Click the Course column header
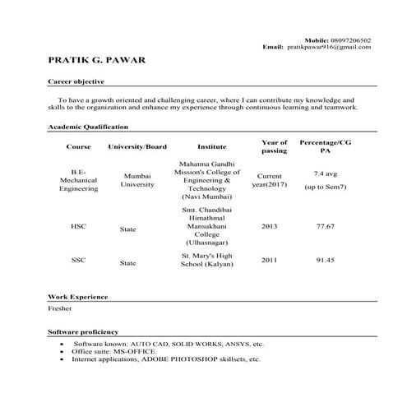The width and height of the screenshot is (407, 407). click(78, 146)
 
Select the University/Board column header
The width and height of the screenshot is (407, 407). click(137, 146)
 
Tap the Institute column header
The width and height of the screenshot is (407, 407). click(211, 146)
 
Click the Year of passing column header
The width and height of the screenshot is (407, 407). click(274, 146)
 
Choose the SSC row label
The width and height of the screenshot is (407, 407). click(78, 261)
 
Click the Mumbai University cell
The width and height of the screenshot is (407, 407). click(137, 180)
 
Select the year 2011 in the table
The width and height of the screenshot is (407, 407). click(270, 260)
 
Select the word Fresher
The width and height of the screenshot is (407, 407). click(60, 308)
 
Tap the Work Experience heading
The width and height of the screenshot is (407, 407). click(78, 296)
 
